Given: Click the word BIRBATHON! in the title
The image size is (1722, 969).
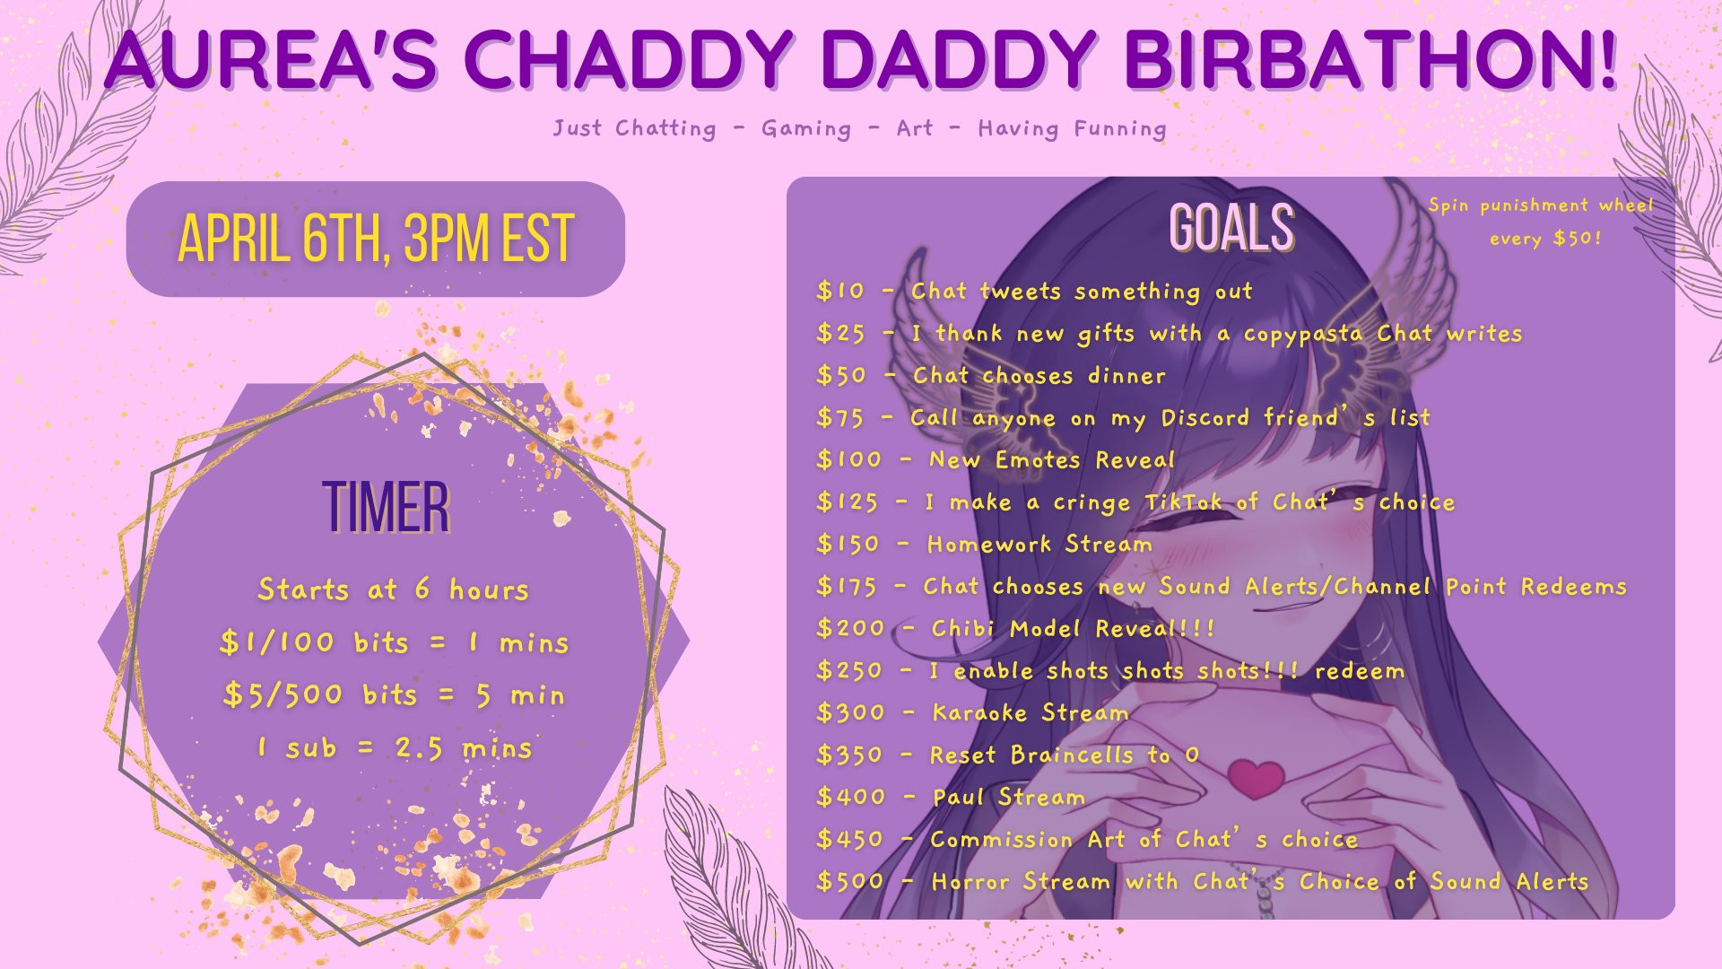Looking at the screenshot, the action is coord(1370,60).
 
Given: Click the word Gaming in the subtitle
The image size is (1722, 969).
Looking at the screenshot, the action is coord(806,129).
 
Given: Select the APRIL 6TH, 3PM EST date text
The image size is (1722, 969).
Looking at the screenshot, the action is coord(376,239).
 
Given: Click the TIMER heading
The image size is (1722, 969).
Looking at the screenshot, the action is coord(386,507).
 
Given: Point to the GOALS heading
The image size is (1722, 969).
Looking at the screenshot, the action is coord(1231,227).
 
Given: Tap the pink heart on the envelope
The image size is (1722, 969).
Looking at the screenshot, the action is coord(1256,777).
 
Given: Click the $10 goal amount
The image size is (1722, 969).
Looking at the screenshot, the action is coord(840,291).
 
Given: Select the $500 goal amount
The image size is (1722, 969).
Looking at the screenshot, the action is coord(849,881).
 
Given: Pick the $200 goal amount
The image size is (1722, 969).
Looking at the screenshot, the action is coord(850,628).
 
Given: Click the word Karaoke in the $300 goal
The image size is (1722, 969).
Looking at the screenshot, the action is coord(979,712).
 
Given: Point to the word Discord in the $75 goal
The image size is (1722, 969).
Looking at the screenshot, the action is coord(1205,417).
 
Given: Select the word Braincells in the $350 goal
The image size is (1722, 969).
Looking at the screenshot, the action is coord(1072,755).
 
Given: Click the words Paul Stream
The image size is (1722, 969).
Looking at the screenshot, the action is coord(1009,797).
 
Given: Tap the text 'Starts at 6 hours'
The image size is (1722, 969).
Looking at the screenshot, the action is coord(393,589).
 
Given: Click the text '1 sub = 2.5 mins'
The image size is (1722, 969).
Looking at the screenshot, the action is coord(395,747).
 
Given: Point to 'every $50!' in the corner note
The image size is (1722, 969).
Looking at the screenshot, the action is coord(1545,239).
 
